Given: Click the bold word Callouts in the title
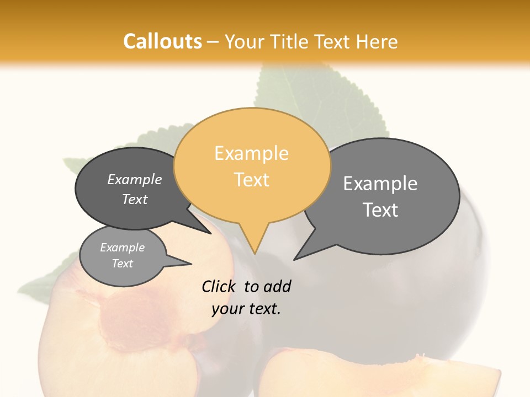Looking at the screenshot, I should click(x=162, y=41).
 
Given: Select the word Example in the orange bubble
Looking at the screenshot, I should click(x=251, y=153).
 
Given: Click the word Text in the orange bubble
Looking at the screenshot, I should click(x=252, y=179).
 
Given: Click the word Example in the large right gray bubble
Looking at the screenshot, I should click(x=380, y=183).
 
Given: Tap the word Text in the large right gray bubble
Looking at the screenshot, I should click(x=380, y=210).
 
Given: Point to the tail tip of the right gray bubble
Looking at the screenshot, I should click(x=294, y=259).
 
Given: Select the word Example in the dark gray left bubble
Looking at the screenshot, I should click(x=135, y=179).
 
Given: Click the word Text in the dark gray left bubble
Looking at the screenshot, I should click(x=135, y=199).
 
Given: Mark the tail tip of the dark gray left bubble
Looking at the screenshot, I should click(x=211, y=233).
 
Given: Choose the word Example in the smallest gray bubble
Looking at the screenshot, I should click(x=122, y=248).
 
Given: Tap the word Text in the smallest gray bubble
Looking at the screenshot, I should click(x=122, y=264).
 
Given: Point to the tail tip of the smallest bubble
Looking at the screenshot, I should click(x=191, y=264).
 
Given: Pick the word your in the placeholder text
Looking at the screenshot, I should click(x=227, y=309).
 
